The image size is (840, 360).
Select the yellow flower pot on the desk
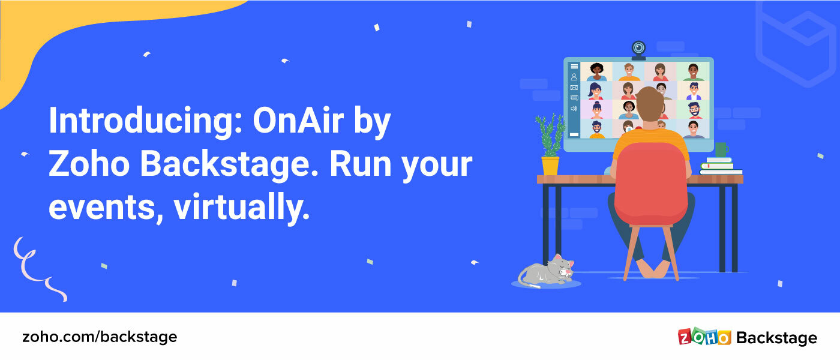[x=550, y=166]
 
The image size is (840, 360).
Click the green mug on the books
[x=721, y=149]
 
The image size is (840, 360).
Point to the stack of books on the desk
[x=720, y=167]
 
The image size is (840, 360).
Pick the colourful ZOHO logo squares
[x=704, y=337]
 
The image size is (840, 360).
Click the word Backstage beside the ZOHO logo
[x=776, y=338]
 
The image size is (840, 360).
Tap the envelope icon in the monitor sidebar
[x=574, y=88]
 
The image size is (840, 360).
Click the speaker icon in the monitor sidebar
[x=574, y=109]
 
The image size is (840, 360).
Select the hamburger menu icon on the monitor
[x=574, y=67]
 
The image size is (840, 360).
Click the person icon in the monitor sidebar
[x=574, y=77]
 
